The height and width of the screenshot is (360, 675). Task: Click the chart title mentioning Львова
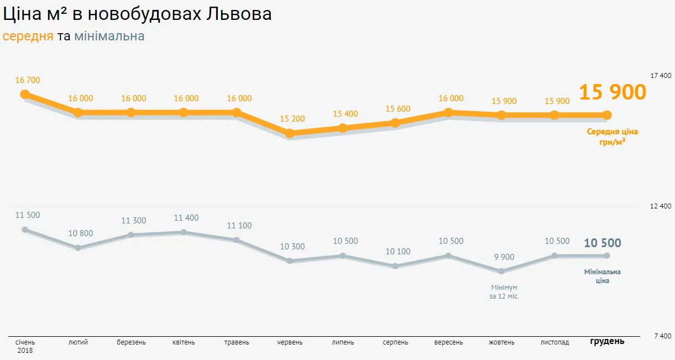pos(137,14)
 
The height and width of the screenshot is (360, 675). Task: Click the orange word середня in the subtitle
pos(28,36)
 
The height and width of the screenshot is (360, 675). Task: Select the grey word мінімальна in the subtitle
pos(109,36)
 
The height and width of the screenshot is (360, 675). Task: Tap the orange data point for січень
pos(25,94)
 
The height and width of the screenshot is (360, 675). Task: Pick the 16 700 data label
pos(28,80)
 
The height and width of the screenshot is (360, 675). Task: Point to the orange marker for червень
pos(289,133)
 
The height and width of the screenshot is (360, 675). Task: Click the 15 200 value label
pos(292,119)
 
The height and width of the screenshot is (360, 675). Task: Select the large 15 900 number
pos(613,92)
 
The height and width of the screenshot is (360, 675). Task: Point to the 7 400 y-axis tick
pos(662,336)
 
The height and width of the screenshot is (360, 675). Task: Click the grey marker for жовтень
pos(501,272)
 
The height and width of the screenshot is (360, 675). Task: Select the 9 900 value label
pos(504,257)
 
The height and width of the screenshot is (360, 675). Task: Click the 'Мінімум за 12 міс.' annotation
pos(504,292)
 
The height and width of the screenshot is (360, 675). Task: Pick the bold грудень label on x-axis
pos(607,341)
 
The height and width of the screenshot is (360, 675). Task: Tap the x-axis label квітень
pos(184,342)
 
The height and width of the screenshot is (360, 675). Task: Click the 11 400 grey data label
pos(186,218)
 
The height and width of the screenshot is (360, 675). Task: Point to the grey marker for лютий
pos(78,248)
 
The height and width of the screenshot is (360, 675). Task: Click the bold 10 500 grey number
pos(603,243)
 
